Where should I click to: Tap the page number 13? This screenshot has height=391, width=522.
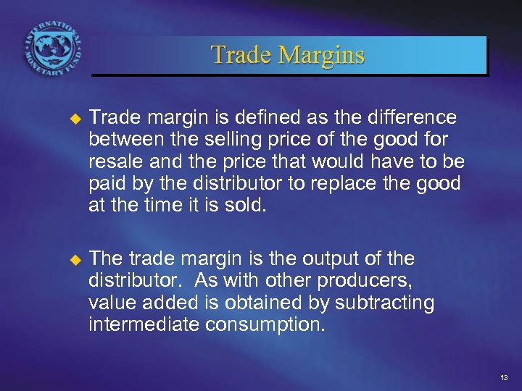(503, 379)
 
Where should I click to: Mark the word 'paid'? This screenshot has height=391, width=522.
(105, 183)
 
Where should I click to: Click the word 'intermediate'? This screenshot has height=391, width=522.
(144, 324)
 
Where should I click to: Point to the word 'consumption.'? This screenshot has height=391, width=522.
(265, 324)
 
